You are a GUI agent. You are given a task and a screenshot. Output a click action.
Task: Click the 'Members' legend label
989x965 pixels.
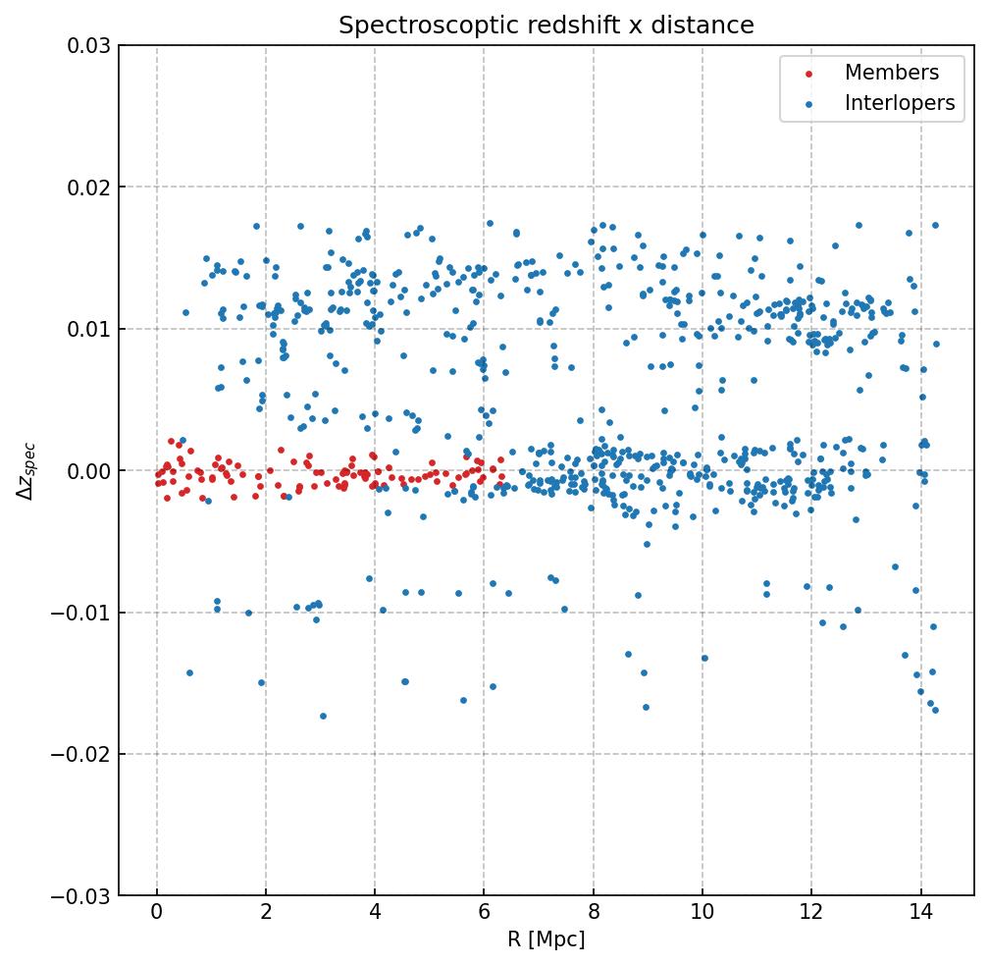891,73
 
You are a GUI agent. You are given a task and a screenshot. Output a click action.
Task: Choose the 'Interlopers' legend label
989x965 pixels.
899,103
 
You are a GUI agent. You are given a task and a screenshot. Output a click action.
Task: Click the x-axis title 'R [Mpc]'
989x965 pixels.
546,939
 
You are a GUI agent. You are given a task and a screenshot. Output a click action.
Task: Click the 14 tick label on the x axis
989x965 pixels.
919,915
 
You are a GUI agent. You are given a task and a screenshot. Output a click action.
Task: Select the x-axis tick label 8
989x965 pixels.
593,915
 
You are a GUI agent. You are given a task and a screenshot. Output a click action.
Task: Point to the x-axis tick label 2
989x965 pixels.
265,915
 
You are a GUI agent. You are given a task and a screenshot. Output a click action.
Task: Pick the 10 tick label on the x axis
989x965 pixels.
702,915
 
